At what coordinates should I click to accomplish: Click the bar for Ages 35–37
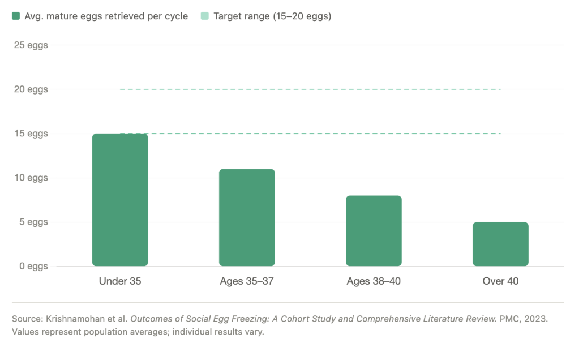pyautogui.click(x=247, y=217)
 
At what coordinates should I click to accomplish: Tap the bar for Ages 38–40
pyautogui.click(x=374, y=231)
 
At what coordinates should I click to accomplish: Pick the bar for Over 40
pyautogui.click(x=500, y=244)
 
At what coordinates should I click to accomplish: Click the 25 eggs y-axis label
pyautogui.click(x=31, y=45)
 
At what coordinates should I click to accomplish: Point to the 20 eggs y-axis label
pyautogui.click(x=31, y=89)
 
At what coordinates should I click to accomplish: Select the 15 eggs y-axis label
pyautogui.click(x=31, y=134)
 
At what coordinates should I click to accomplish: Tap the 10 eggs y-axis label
pyautogui.click(x=31, y=178)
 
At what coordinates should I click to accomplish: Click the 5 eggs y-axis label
pyautogui.click(x=33, y=222)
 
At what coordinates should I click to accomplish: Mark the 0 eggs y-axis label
pyautogui.click(x=33, y=266)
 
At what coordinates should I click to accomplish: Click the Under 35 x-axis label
pyautogui.click(x=120, y=281)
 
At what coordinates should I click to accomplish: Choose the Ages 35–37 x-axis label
pyautogui.click(x=247, y=281)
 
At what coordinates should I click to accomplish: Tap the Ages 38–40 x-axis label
pyautogui.click(x=374, y=281)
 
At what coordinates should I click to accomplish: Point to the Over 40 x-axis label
pyautogui.click(x=500, y=281)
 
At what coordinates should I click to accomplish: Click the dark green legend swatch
pyautogui.click(x=16, y=16)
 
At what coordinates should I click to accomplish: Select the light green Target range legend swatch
pyautogui.click(x=205, y=16)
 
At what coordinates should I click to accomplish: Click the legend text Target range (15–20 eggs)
pyautogui.click(x=272, y=16)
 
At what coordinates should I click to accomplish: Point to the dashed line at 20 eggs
pyautogui.click(x=310, y=89)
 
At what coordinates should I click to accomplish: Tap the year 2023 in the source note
pyautogui.click(x=535, y=319)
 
